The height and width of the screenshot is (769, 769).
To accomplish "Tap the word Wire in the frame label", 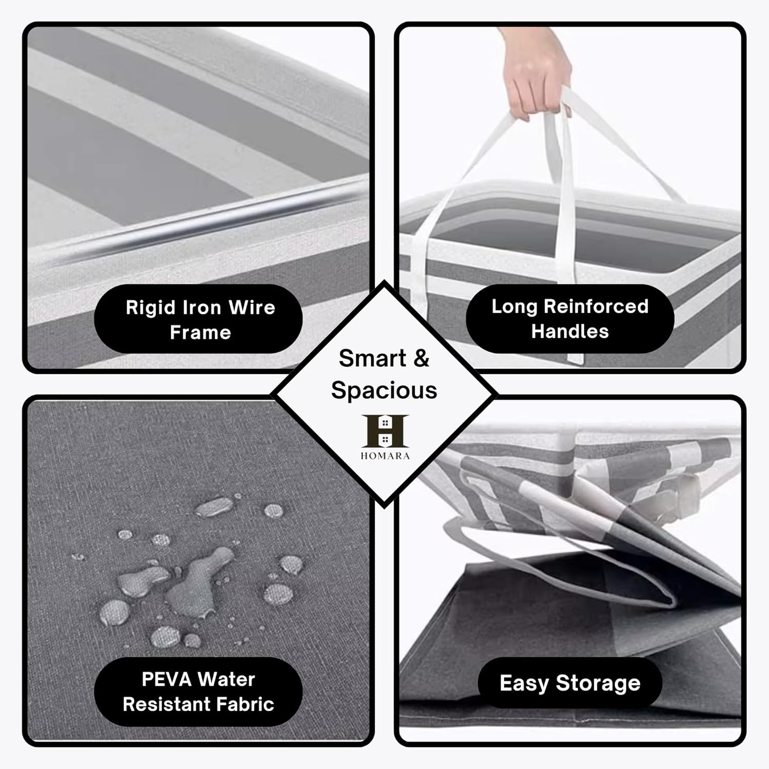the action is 252,308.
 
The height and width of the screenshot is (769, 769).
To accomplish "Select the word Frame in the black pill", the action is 200,333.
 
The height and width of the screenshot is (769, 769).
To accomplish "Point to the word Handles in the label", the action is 570,331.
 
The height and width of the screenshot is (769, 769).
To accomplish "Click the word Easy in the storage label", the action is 524,683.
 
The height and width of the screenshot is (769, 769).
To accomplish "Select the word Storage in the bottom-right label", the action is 598,684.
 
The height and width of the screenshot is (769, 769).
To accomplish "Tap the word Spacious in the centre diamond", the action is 384,391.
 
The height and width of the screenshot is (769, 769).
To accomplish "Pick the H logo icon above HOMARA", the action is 385,431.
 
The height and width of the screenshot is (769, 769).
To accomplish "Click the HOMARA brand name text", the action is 385,456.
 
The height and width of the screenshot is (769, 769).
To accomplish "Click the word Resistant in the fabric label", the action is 165,704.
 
